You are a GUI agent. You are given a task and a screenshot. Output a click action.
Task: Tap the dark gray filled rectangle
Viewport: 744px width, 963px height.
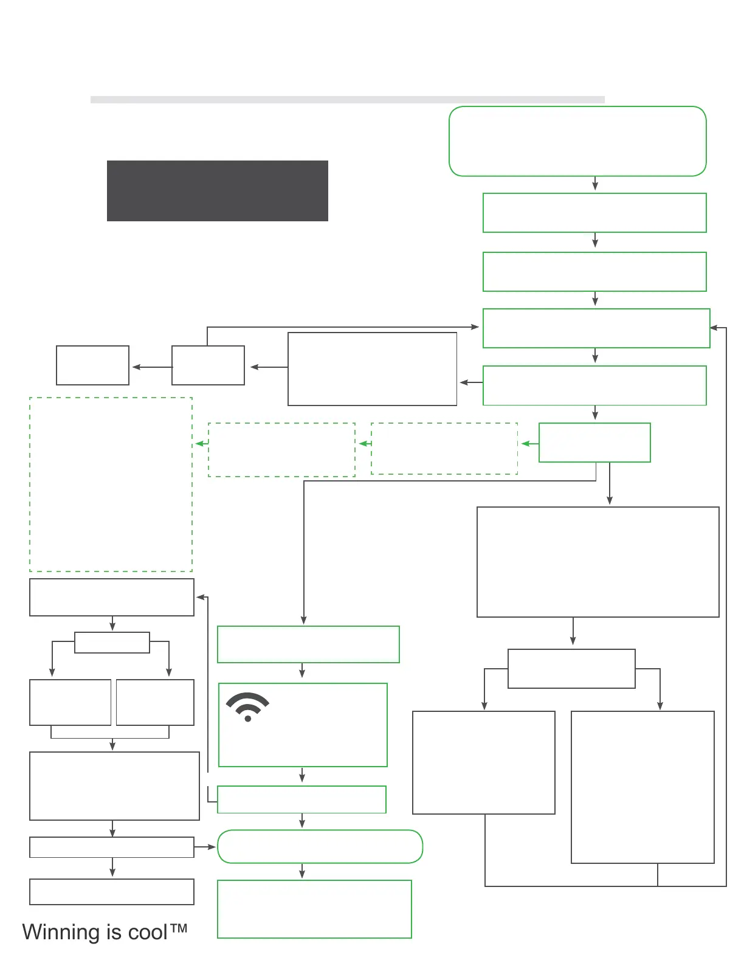[217, 190]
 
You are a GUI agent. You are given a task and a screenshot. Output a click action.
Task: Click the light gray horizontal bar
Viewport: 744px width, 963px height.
[347, 99]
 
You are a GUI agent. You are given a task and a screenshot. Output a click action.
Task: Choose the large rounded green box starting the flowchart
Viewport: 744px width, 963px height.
[577, 141]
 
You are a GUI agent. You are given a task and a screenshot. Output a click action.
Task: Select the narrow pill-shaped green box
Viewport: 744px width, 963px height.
[320, 846]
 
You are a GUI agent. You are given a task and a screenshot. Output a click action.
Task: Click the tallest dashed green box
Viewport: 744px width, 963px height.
[111, 484]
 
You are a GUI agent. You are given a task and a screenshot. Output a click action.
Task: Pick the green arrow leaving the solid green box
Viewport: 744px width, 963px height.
[529, 444]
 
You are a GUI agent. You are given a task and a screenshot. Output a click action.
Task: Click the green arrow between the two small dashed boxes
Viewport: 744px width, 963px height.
[365, 444]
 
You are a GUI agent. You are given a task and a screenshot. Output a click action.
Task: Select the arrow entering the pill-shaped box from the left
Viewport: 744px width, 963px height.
[206, 847]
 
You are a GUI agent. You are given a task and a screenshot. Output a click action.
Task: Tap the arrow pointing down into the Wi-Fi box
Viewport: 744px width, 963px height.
[302, 671]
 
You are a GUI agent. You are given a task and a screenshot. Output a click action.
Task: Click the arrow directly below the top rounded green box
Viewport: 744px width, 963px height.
[595, 184]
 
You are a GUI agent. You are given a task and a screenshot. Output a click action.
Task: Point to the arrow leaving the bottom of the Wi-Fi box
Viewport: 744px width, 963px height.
[302, 775]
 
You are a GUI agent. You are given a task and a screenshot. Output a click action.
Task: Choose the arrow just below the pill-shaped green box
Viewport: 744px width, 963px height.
[302, 871]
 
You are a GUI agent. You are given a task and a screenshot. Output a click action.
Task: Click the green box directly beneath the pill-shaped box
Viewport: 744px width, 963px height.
[314, 909]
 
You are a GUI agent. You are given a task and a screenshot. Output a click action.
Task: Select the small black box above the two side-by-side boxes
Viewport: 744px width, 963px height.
[112, 643]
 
